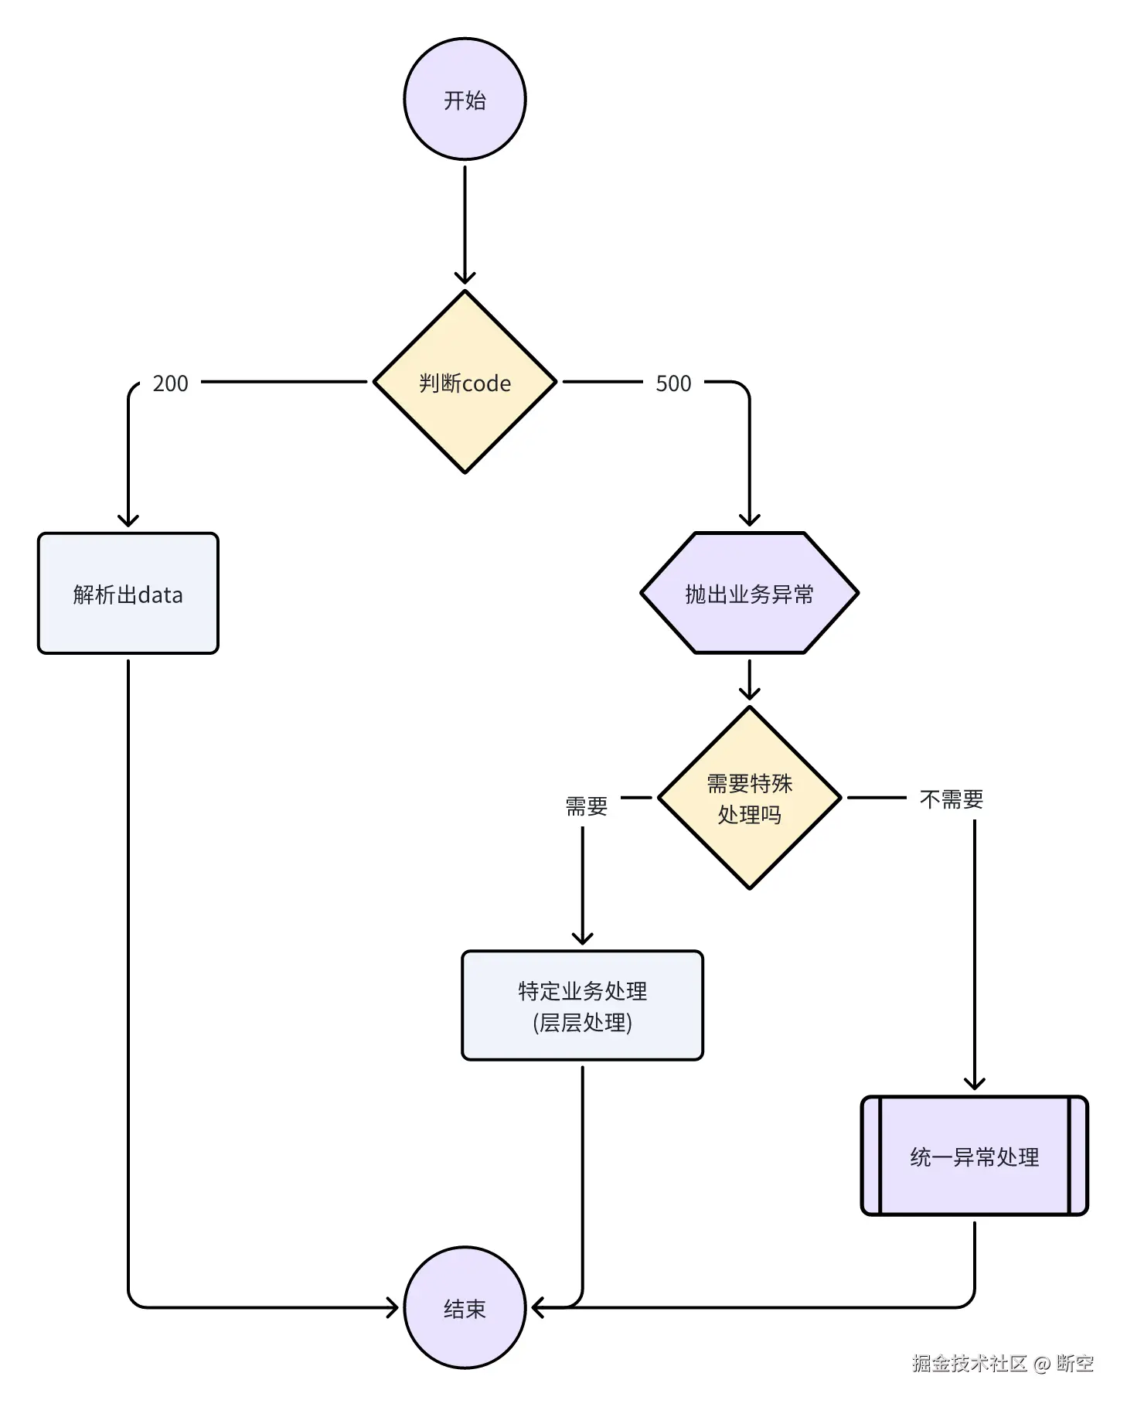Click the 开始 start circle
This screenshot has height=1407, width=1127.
465,99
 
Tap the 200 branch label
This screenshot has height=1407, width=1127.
170,383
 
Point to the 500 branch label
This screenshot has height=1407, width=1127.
672,383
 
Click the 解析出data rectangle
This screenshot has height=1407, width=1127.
128,594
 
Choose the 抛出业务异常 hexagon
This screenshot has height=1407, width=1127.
749,594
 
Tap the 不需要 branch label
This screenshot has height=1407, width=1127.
951,799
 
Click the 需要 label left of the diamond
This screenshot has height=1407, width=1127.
586,806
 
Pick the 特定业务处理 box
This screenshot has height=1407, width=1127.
582,1005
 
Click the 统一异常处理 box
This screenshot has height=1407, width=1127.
974,1157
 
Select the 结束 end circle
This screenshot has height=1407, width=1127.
465,1308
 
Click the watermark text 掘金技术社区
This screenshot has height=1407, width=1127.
969,1364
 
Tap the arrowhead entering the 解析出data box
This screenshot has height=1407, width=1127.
128,521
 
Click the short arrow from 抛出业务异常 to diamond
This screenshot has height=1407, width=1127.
749,680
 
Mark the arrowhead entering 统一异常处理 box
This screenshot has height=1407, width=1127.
974,1083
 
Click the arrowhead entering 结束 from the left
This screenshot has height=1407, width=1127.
393,1308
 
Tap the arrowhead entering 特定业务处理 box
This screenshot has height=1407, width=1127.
582,939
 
